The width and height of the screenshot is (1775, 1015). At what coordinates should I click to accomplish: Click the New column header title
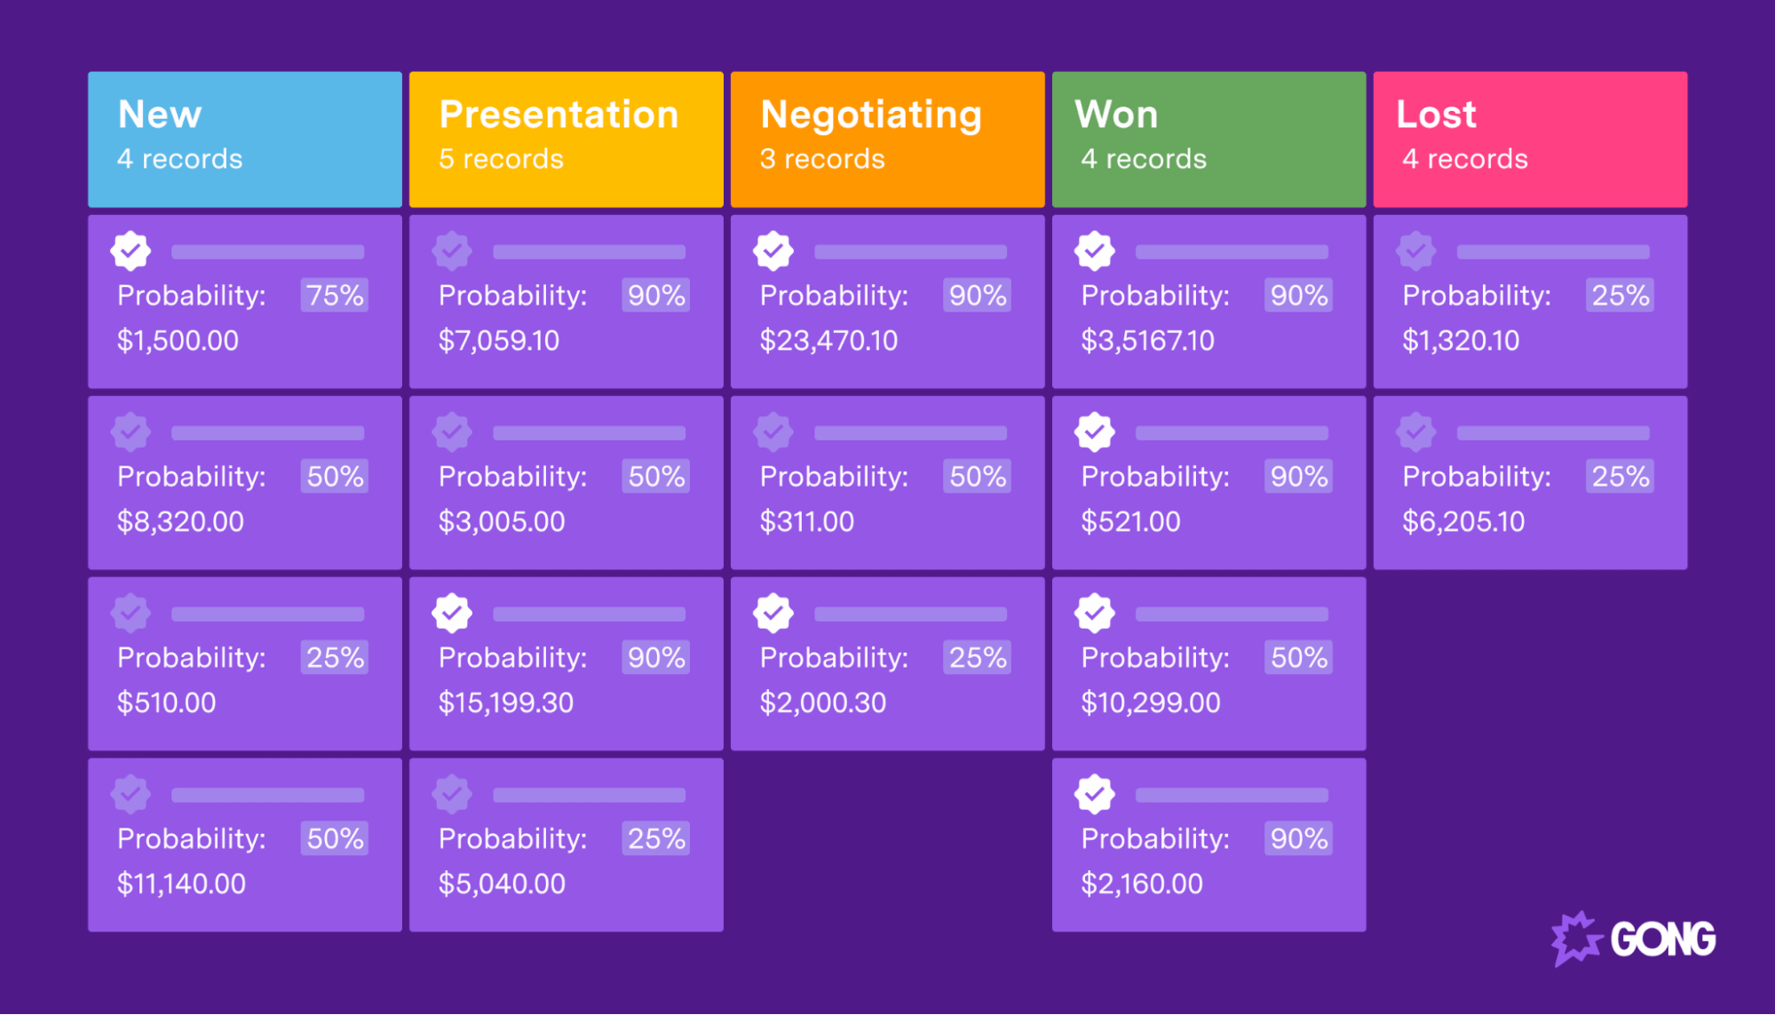[x=160, y=114]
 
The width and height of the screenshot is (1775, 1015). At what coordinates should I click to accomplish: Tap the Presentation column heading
[x=559, y=114]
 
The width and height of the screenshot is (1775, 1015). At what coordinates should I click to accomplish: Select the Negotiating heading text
[x=871, y=115]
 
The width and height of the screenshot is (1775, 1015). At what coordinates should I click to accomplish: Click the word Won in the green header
[x=1116, y=114]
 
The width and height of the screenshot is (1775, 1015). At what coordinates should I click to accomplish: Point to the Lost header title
[x=1436, y=114]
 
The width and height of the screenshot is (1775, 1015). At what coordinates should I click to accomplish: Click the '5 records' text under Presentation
[x=501, y=159]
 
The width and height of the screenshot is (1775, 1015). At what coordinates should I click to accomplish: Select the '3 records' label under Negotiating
[x=822, y=159]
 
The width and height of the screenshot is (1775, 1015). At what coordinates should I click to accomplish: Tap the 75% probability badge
[x=335, y=295]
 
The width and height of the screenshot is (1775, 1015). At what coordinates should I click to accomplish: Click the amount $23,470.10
[x=828, y=340]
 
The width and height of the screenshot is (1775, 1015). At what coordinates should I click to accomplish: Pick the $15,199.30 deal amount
[x=506, y=702]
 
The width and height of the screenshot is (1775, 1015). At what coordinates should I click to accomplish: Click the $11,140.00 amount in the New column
[x=181, y=884]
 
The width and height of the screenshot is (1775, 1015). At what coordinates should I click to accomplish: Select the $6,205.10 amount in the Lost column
[x=1463, y=521]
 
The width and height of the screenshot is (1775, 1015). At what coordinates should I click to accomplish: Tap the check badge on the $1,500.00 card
[x=131, y=250]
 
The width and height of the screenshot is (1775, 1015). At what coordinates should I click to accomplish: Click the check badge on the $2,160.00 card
[x=1095, y=794]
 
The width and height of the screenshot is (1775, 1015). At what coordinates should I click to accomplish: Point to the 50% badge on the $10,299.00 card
[x=1298, y=657]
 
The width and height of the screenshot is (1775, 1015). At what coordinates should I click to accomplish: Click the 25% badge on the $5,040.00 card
[x=656, y=838]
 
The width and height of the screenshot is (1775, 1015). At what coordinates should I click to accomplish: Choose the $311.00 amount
[x=806, y=521]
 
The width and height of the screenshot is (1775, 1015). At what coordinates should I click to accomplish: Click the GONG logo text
[x=1662, y=940]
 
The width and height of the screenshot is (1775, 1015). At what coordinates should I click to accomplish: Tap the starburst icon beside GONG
[x=1576, y=938]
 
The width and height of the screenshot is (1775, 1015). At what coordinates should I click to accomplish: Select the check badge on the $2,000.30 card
[x=773, y=613]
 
